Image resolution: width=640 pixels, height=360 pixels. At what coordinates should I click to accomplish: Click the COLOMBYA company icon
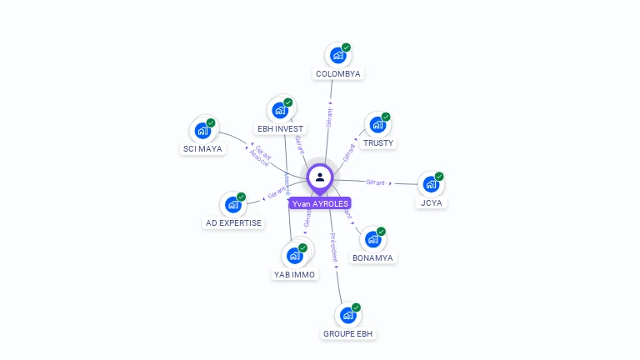click(337, 56)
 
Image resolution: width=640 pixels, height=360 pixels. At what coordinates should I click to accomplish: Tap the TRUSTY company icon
click(377, 125)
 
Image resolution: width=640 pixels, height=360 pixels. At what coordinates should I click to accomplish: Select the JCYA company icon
click(431, 184)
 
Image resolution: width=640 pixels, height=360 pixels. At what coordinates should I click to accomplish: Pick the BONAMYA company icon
click(372, 239)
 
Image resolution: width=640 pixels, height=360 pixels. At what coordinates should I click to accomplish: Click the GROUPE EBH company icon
click(347, 316)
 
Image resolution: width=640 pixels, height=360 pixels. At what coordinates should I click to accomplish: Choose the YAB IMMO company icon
click(294, 255)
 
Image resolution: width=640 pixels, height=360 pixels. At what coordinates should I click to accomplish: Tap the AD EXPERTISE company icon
click(232, 204)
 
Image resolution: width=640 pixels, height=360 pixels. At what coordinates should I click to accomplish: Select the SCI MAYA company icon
click(202, 131)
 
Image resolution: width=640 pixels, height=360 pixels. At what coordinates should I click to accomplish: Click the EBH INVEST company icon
click(280, 110)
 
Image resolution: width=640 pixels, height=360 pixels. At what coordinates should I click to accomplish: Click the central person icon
click(320, 177)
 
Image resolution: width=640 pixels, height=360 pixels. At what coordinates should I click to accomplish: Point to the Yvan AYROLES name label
click(320, 203)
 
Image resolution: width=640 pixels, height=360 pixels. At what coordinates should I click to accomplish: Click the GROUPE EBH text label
click(348, 334)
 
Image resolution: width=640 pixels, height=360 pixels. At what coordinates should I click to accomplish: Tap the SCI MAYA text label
click(202, 149)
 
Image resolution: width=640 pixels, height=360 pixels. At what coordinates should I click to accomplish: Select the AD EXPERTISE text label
click(233, 223)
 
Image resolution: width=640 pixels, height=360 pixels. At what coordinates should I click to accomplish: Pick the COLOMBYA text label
click(338, 74)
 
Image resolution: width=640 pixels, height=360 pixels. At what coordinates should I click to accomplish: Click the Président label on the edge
click(332, 248)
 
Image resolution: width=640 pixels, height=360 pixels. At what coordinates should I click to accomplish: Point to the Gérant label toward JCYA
click(376, 182)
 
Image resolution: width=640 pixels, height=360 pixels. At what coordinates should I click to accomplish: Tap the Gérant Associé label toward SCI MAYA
click(261, 156)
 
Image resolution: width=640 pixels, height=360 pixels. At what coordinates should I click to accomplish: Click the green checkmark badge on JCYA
click(439, 177)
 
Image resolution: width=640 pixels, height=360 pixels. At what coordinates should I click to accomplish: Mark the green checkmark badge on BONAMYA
click(381, 232)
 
